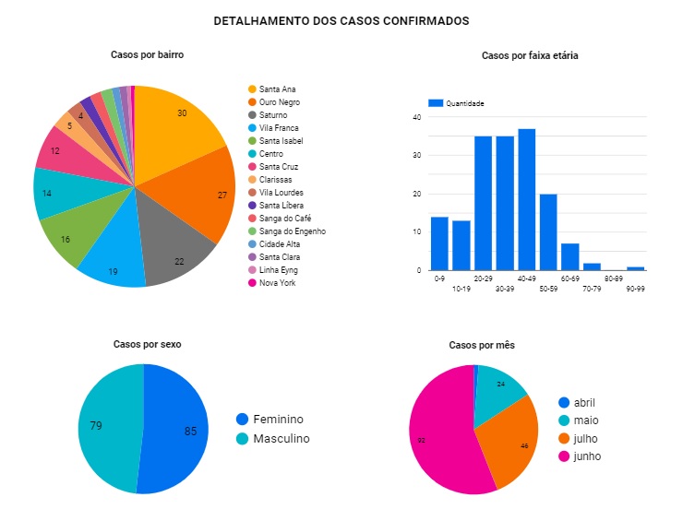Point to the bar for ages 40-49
[x=527, y=199]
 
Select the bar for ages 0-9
[x=439, y=243]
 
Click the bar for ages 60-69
[x=570, y=257]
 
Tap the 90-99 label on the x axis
[x=635, y=290]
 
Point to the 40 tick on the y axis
[x=417, y=118]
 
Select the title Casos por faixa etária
[x=530, y=56]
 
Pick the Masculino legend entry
[x=281, y=439]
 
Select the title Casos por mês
[x=482, y=345]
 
